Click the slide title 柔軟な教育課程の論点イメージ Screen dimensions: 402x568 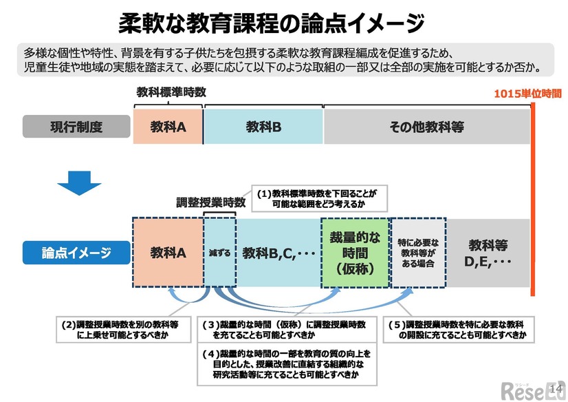[x=271, y=23]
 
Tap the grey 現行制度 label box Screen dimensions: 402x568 [x=76, y=127]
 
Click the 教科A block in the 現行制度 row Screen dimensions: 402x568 [x=168, y=127]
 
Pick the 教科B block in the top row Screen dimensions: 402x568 [x=263, y=127]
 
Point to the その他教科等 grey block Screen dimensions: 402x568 [x=426, y=127]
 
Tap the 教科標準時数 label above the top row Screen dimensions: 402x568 [x=171, y=92]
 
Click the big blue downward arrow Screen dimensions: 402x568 [x=79, y=180]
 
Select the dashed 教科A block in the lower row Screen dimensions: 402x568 [x=168, y=253]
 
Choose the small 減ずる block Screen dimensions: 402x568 [x=220, y=253]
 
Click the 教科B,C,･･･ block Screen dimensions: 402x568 [x=278, y=253]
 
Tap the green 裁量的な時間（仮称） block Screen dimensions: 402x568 [x=355, y=253]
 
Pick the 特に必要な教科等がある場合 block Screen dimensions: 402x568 [x=418, y=253]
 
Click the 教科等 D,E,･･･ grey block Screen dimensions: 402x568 [x=488, y=253]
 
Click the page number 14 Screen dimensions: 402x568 [x=558, y=390]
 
